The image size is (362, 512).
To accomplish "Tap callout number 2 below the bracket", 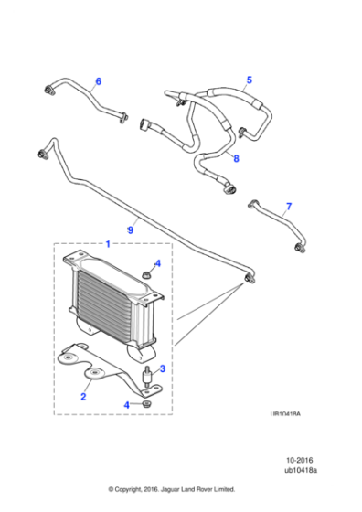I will (x=83, y=397).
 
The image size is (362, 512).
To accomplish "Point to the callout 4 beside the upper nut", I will (x=158, y=263).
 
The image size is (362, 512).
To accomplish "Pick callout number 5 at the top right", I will (x=246, y=80).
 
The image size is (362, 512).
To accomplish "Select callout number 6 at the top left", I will (x=99, y=81).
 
